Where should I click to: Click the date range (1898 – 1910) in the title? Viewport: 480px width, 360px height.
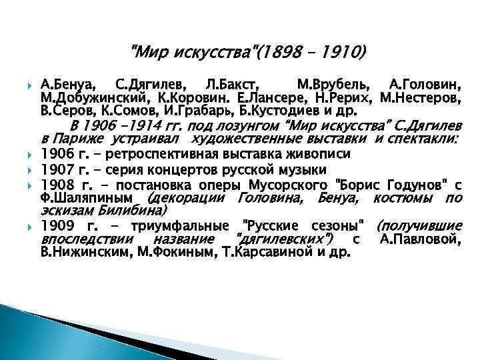tap(313, 51)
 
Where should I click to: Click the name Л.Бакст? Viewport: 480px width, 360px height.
tap(227, 85)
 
